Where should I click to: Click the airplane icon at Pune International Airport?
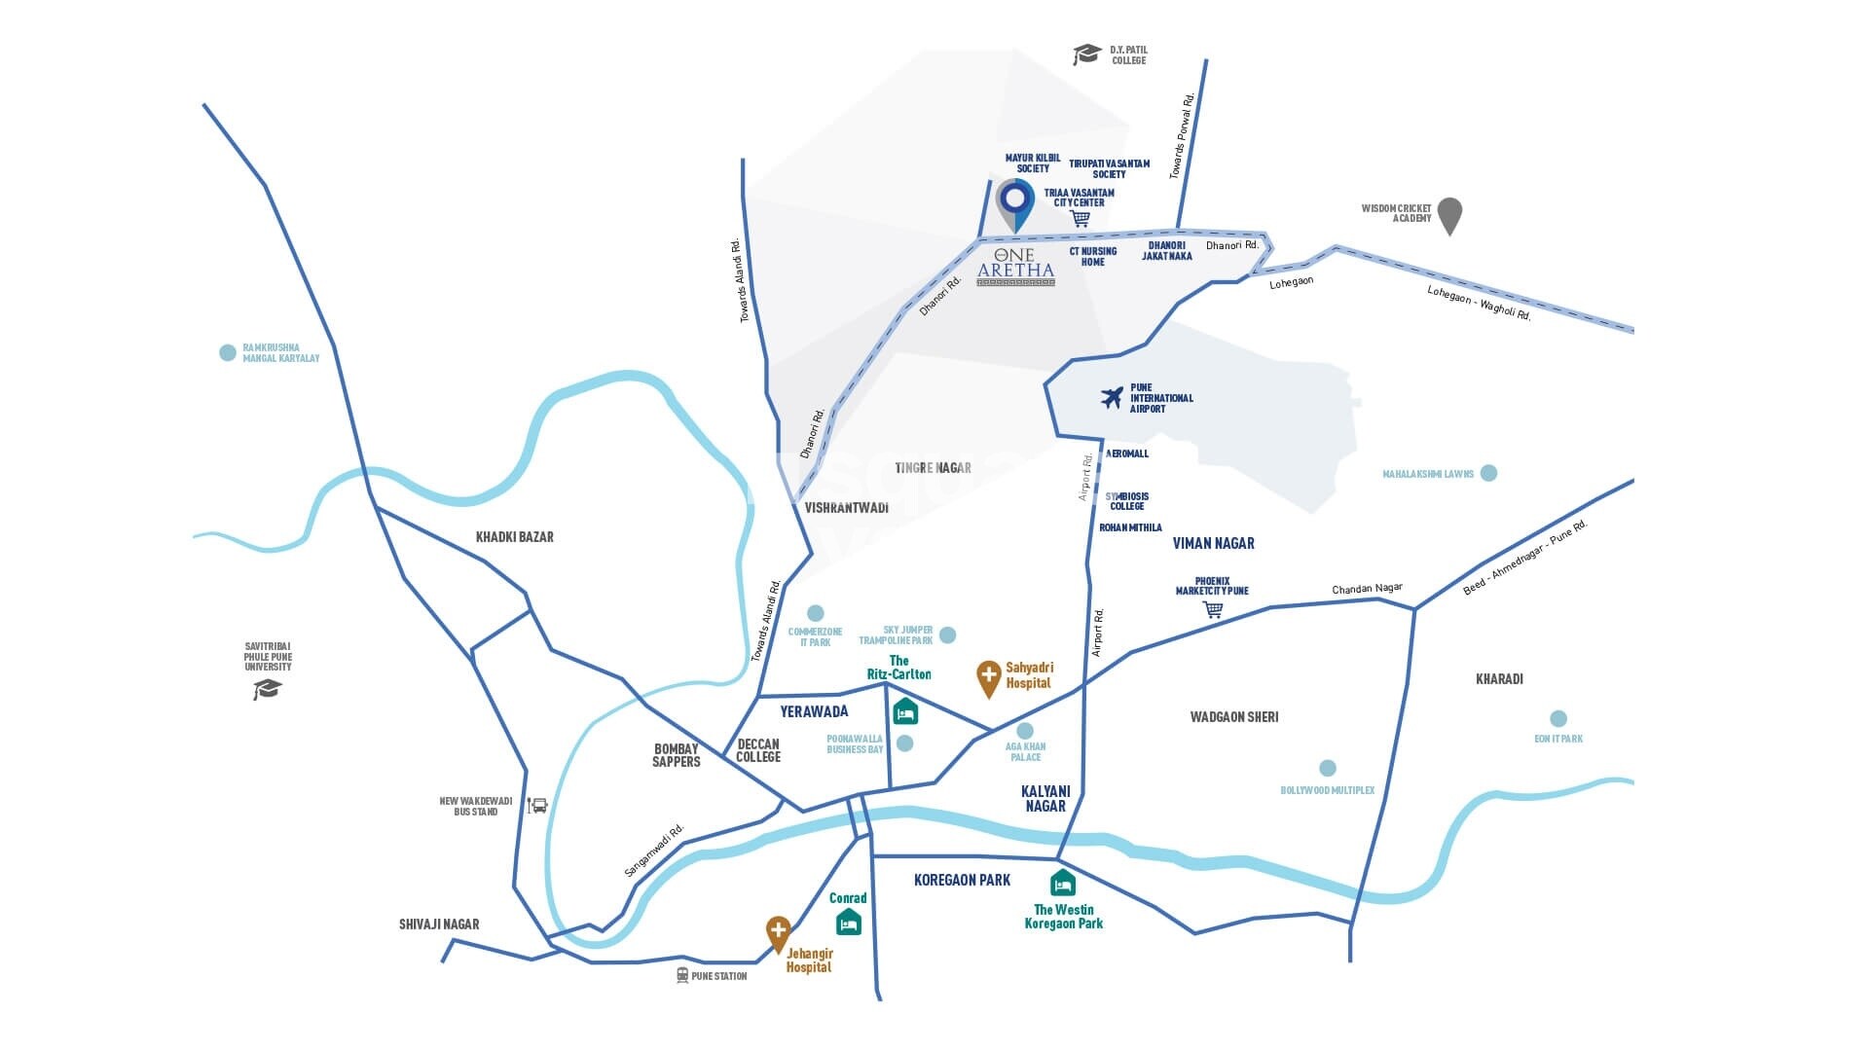(x=1112, y=398)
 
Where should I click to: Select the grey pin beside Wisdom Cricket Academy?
(x=1449, y=215)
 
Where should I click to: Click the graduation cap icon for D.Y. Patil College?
(x=1086, y=54)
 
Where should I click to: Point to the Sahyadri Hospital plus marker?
(x=989, y=677)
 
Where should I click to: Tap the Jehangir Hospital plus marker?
(x=778, y=932)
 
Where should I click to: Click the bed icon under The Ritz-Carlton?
(x=905, y=712)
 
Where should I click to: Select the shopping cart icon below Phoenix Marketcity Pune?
(x=1213, y=610)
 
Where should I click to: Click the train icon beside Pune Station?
(x=682, y=975)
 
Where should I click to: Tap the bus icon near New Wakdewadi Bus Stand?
(x=537, y=806)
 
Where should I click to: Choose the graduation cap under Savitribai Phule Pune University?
(x=268, y=689)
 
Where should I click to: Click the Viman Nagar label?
(x=1214, y=543)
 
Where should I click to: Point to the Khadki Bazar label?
(x=514, y=537)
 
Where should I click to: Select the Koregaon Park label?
(x=962, y=880)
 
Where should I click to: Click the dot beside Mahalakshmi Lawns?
(x=1488, y=473)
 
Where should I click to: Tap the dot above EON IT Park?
(x=1558, y=719)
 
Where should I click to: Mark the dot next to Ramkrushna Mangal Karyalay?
(x=228, y=352)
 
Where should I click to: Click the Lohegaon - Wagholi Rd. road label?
(x=1479, y=303)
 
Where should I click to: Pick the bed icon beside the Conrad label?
(x=849, y=922)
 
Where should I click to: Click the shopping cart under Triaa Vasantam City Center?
(x=1080, y=219)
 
